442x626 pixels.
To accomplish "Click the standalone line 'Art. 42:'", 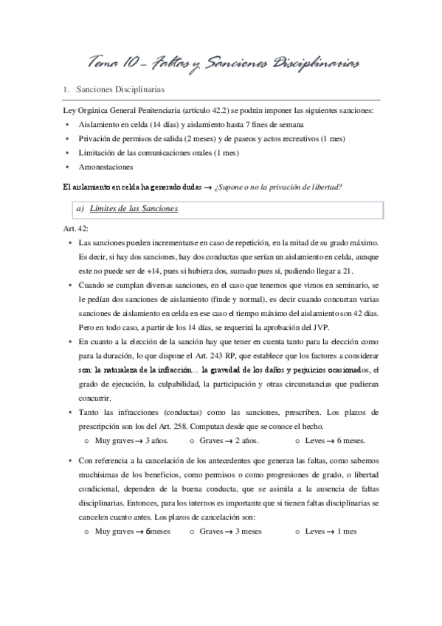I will pos(77,229).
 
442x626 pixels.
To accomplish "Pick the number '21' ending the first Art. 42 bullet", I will pos(348,269).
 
